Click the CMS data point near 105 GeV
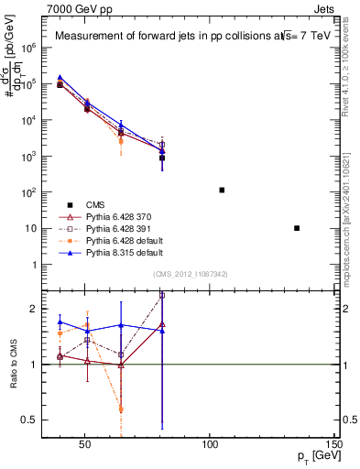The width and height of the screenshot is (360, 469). click(x=222, y=190)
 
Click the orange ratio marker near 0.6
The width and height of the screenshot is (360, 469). click(x=121, y=409)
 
